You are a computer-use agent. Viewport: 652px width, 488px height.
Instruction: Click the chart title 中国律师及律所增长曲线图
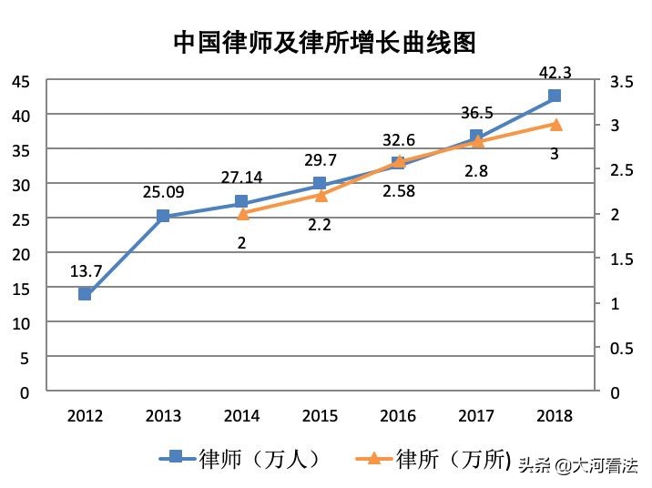pyautogui.click(x=325, y=43)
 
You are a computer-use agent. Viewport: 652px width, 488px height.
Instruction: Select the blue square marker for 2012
pyautogui.click(x=85, y=293)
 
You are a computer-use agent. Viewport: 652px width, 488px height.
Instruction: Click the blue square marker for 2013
pyautogui.click(x=163, y=216)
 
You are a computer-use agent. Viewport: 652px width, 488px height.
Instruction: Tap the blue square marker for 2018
pyautogui.click(x=555, y=96)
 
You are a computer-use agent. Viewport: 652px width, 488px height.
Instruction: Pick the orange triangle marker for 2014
pyautogui.click(x=242, y=214)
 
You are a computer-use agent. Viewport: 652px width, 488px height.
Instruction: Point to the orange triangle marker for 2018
pyautogui.click(x=555, y=124)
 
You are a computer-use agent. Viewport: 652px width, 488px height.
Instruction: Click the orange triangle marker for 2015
pyautogui.click(x=321, y=195)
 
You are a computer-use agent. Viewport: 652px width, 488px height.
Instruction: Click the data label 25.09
pyautogui.click(x=164, y=192)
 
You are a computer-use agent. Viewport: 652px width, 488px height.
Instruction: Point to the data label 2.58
pyautogui.click(x=399, y=191)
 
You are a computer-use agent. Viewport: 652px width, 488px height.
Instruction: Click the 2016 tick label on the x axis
pyautogui.click(x=398, y=416)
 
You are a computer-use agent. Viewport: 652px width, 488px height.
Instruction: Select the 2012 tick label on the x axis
pyautogui.click(x=85, y=416)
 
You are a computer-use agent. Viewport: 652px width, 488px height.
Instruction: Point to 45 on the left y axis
pyautogui.click(x=20, y=82)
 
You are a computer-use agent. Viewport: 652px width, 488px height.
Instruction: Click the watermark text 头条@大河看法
pyautogui.click(x=578, y=465)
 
